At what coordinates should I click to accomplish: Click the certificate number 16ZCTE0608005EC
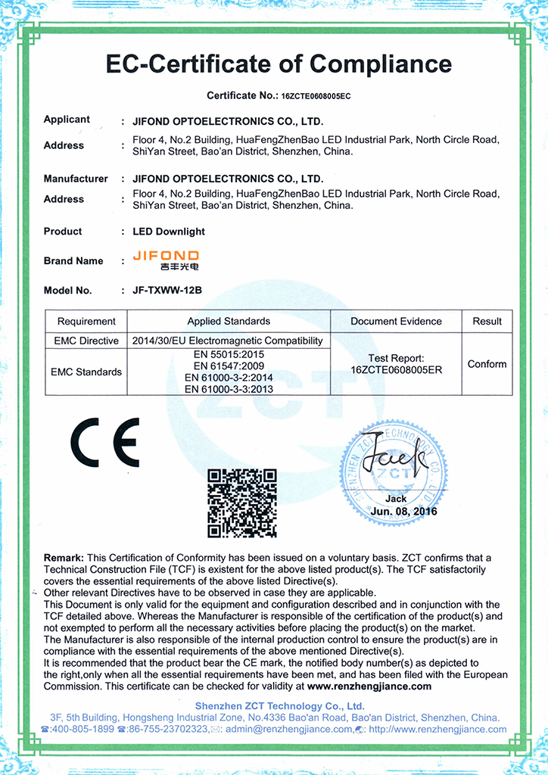(316, 97)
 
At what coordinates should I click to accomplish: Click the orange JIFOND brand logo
(166, 260)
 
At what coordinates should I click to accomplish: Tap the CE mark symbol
(105, 442)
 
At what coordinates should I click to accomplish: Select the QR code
(242, 503)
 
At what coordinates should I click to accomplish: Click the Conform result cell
(487, 364)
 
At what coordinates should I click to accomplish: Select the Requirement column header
(86, 321)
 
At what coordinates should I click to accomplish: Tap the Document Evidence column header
(396, 321)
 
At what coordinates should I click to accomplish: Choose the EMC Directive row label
(86, 341)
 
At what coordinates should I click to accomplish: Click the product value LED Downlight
(169, 232)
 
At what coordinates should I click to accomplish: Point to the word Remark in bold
(64, 558)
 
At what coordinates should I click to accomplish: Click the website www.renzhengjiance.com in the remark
(369, 686)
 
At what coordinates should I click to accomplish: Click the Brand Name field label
(73, 261)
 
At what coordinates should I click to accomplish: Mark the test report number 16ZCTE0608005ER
(396, 370)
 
